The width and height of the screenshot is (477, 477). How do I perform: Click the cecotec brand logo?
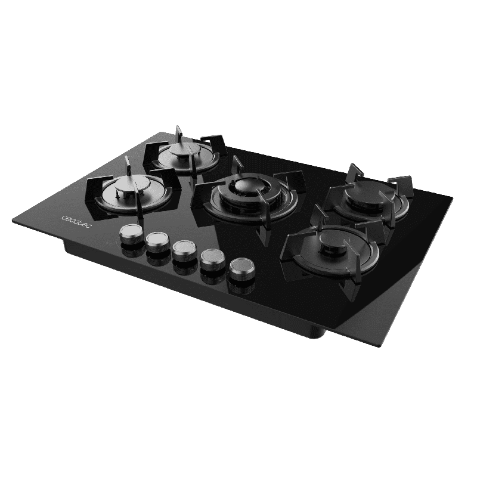point(75,221)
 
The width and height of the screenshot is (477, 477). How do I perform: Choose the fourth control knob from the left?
point(212,258)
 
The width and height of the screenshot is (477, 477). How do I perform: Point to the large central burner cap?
point(247,184)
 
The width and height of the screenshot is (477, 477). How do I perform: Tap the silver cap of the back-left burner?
point(185,150)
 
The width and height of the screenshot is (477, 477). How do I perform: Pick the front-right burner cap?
point(334,240)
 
